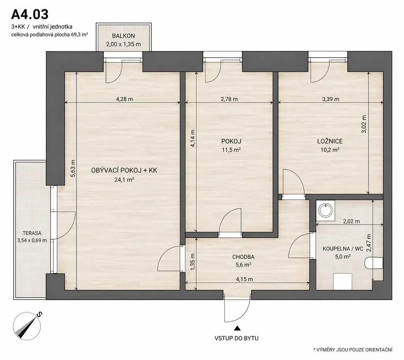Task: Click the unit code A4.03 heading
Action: point(30,14)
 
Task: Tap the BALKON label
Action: point(123,36)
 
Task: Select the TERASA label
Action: point(32,233)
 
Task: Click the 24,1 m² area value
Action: point(124,180)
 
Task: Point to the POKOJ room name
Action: point(231,141)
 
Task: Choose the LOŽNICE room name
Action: point(330,141)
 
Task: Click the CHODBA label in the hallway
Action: point(243,257)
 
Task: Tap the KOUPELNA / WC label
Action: point(343,249)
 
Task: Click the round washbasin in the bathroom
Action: point(325,210)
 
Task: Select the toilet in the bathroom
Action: point(374,263)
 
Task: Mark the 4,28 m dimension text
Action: point(124,99)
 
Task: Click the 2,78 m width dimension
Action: point(229,99)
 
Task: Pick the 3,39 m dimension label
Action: point(331,99)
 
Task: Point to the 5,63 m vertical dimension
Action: point(73,169)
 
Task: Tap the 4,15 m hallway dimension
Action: point(244,279)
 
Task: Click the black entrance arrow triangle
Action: point(237,328)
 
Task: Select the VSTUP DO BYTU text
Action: point(237,338)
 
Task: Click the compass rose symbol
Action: point(27,326)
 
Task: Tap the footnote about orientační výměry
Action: point(353,350)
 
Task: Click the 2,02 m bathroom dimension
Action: point(352,221)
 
